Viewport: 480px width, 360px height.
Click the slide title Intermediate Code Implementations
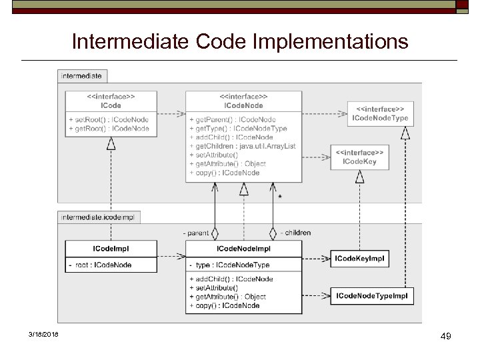point(239,42)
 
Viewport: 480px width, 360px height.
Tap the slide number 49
point(446,337)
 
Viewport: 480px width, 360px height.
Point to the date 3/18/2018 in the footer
point(43,334)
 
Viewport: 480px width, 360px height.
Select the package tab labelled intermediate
point(81,76)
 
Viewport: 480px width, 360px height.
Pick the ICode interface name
point(111,105)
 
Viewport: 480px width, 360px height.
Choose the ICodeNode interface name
point(243,105)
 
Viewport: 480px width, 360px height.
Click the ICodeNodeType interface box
point(380,114)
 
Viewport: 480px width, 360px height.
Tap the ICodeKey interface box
point(359,157)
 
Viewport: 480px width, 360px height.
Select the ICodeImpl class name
point(111,249)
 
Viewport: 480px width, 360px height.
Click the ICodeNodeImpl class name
point(243,249)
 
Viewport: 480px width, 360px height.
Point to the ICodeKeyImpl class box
point(359,257)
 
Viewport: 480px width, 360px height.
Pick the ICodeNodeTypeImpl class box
point(371,295)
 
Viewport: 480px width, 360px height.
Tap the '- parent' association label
point(196,233)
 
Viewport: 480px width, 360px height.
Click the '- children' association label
point(295,233)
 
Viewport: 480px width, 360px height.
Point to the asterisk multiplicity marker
point(279,197)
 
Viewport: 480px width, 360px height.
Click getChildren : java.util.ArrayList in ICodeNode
point(243,146)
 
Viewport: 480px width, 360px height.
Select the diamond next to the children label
point(272,233)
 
